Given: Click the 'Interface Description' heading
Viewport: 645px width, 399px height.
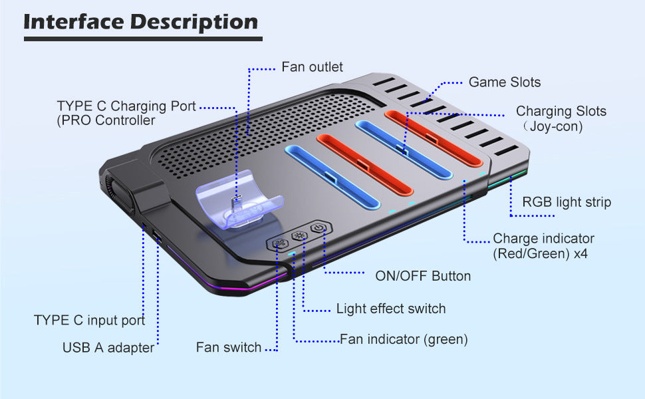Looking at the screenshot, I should point(141,22).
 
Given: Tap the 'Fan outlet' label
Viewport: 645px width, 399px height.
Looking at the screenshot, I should point(312,66).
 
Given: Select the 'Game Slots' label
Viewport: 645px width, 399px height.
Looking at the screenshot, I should point(505,82).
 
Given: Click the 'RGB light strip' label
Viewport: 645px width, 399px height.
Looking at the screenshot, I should point(567,202).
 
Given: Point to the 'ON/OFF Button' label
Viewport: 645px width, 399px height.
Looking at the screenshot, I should point(423,275).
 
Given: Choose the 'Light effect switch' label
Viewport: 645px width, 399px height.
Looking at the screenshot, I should point(391,309).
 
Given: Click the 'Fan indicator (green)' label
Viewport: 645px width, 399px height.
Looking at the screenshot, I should point(404,339).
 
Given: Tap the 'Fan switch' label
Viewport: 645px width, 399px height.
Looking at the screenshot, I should point(229,348).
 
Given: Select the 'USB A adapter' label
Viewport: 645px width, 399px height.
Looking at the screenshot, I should point(108,347).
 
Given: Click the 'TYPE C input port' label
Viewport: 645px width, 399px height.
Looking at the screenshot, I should point(89,321).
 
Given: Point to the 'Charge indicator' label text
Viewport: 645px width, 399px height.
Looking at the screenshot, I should point(543,238).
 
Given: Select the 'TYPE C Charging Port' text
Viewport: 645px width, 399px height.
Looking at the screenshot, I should point(126,106).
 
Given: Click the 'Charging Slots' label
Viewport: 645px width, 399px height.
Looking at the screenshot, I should point(561,111).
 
